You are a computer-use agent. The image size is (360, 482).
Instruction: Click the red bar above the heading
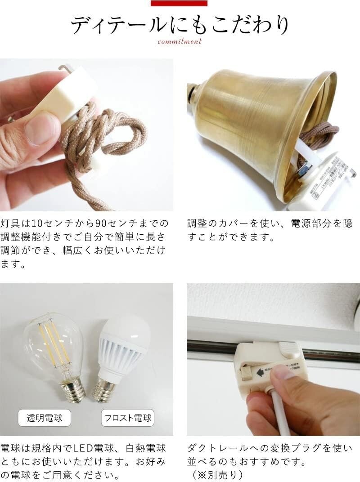click(x=179, y=3)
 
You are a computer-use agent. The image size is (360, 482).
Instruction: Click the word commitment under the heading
click(x=180, y=42)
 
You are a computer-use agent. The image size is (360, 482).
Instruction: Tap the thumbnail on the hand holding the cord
click(x=42, y=128)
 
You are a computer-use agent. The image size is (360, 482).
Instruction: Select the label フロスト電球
click(x=128, y=418)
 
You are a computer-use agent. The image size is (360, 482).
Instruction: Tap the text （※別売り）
click(x=216, y=474)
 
